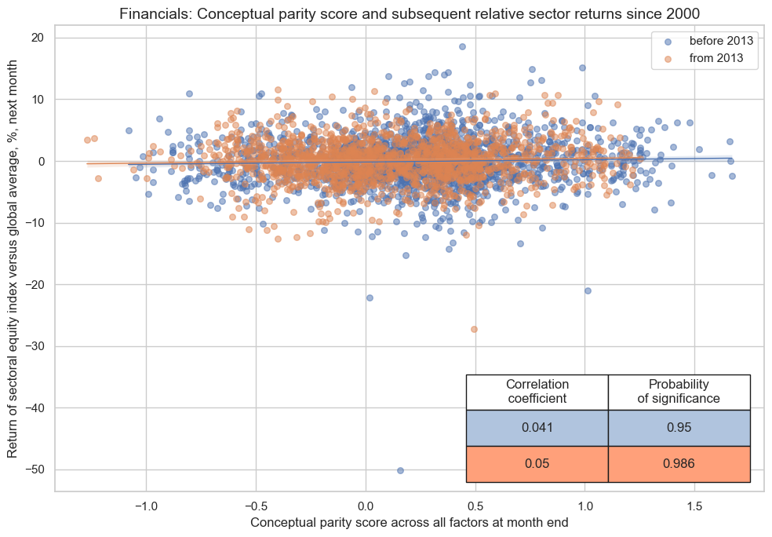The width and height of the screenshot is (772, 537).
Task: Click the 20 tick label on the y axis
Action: click(x=38, y=38)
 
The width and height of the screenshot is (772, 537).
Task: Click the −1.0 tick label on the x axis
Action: click(x=146, y=506)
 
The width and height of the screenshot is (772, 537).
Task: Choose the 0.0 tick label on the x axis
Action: click(x=366, y=506)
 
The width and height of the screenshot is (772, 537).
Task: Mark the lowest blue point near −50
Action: click(x=400, y=470)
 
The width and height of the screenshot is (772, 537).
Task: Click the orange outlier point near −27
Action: click(x=474, y=329)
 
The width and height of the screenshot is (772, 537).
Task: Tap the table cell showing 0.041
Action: click(x=537, y=428)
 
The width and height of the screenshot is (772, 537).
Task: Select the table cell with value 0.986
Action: click(x=679, y=464)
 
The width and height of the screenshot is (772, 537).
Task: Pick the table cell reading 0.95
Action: click(x=679, y=428)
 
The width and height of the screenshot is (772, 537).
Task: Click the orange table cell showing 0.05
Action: click(x=537, y=464)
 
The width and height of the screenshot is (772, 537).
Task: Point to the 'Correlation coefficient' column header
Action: click(x=537, y=391)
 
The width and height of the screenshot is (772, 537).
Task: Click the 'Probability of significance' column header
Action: click(x=679, y=391)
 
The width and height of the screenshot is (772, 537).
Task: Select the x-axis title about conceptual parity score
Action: click(x=410, y=522)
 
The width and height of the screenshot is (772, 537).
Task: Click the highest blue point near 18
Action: click(x=462, y=46)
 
